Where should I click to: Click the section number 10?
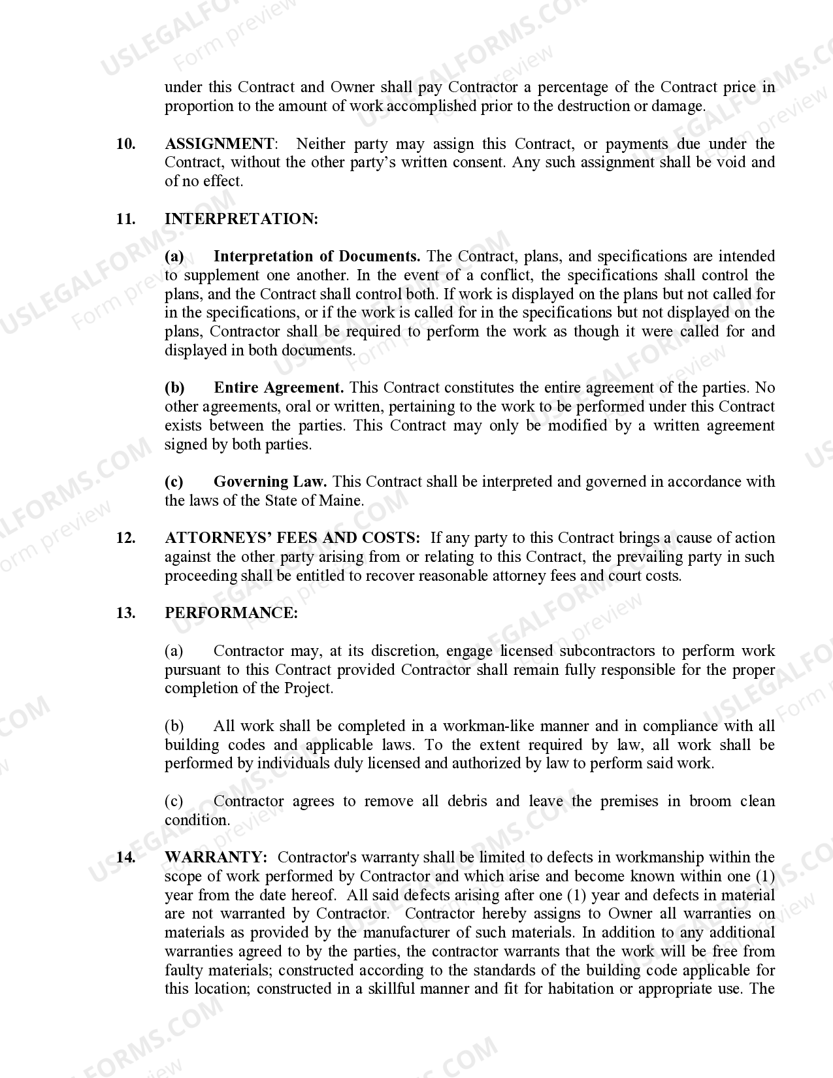tap(125, 144)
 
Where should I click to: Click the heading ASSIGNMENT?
tap(220, 144)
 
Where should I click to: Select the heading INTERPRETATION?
tap(241, 219)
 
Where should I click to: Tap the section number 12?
tap(125, 538)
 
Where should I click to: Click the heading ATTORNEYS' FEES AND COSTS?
tap(292, 538)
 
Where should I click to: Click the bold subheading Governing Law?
tap(270, 482)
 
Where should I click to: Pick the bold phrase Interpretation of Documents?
tap(317, 256)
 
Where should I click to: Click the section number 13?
tap(125, 613)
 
